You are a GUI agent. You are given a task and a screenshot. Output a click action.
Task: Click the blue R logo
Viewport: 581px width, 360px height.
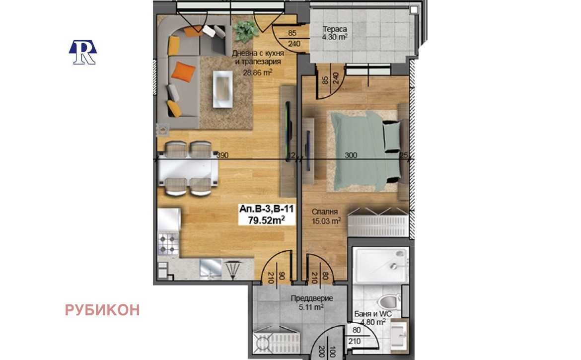(82, 52)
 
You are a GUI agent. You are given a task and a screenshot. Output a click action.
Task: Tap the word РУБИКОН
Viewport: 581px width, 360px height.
(102, 310)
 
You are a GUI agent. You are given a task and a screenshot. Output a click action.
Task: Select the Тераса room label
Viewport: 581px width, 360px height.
(334, 28)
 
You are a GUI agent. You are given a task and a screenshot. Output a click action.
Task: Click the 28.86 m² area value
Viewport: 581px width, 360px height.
(258, 72)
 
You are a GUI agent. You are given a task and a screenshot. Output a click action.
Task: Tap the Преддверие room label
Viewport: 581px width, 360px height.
(312, 299)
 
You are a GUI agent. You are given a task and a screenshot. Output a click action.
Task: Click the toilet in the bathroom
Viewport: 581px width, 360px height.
(388, 301)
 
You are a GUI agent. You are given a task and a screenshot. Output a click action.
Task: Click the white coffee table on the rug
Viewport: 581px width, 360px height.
(222, 88)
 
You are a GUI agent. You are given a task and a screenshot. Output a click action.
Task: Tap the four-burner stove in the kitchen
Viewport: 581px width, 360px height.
(168, 245)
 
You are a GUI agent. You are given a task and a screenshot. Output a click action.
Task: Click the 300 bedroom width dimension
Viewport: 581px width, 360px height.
(351, 155)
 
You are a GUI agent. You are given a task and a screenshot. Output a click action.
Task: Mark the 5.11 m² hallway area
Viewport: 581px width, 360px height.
(312, 307)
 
